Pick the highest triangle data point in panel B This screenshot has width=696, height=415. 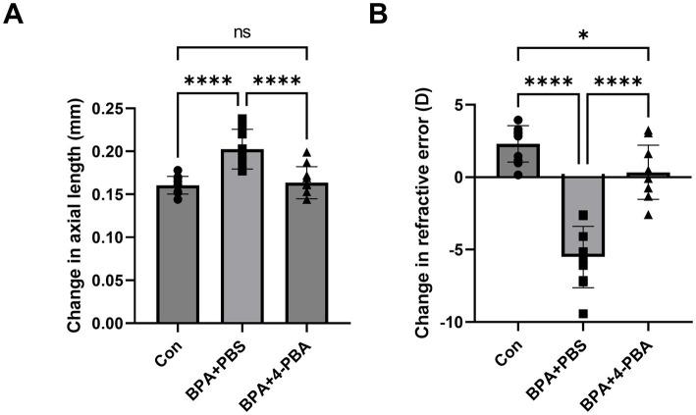click(x=648, y=132)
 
